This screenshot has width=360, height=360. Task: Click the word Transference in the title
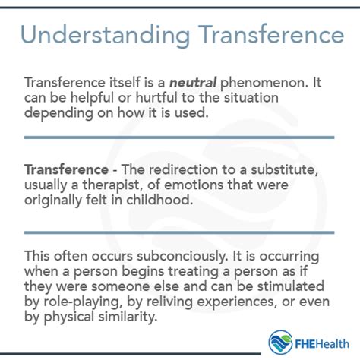click(x=262, y=36)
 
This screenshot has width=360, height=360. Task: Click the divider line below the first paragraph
click(x=179, y=137)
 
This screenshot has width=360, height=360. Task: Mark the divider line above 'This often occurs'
click(x=179, y=231)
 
